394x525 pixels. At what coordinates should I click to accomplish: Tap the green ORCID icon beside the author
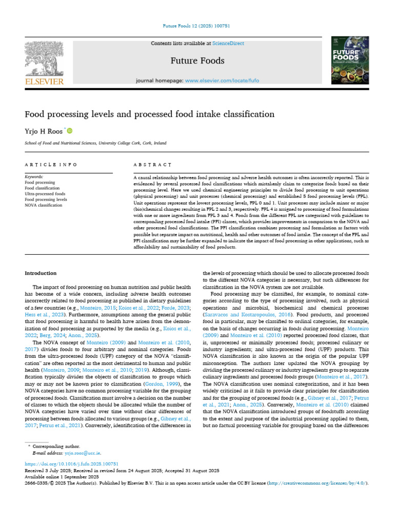point(69,131)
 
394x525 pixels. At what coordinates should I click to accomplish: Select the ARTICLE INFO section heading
point(51,165)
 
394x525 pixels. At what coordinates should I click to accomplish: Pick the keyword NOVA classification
point(44,205)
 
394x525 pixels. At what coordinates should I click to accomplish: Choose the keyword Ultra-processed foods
point(45,194)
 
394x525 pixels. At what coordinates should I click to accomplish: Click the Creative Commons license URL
point(318,483)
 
